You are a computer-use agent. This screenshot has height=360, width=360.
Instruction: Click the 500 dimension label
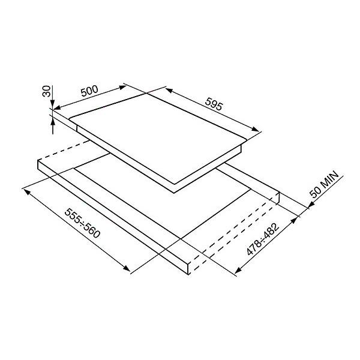tap(89, 91)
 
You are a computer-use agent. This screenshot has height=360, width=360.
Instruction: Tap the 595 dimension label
tap(214, 104)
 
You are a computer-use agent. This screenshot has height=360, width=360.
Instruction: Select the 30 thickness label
tap(47, 91)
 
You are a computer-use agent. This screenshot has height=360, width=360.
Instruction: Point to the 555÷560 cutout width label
tap(82, 223)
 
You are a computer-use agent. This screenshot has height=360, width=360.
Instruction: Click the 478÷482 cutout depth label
tap(263, 239)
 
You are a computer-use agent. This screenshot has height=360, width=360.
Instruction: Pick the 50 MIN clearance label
tap(325, 184)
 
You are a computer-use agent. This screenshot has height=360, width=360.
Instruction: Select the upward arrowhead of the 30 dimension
tap(53, 121)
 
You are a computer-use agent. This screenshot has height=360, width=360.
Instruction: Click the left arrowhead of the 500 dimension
tap(58, 107)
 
